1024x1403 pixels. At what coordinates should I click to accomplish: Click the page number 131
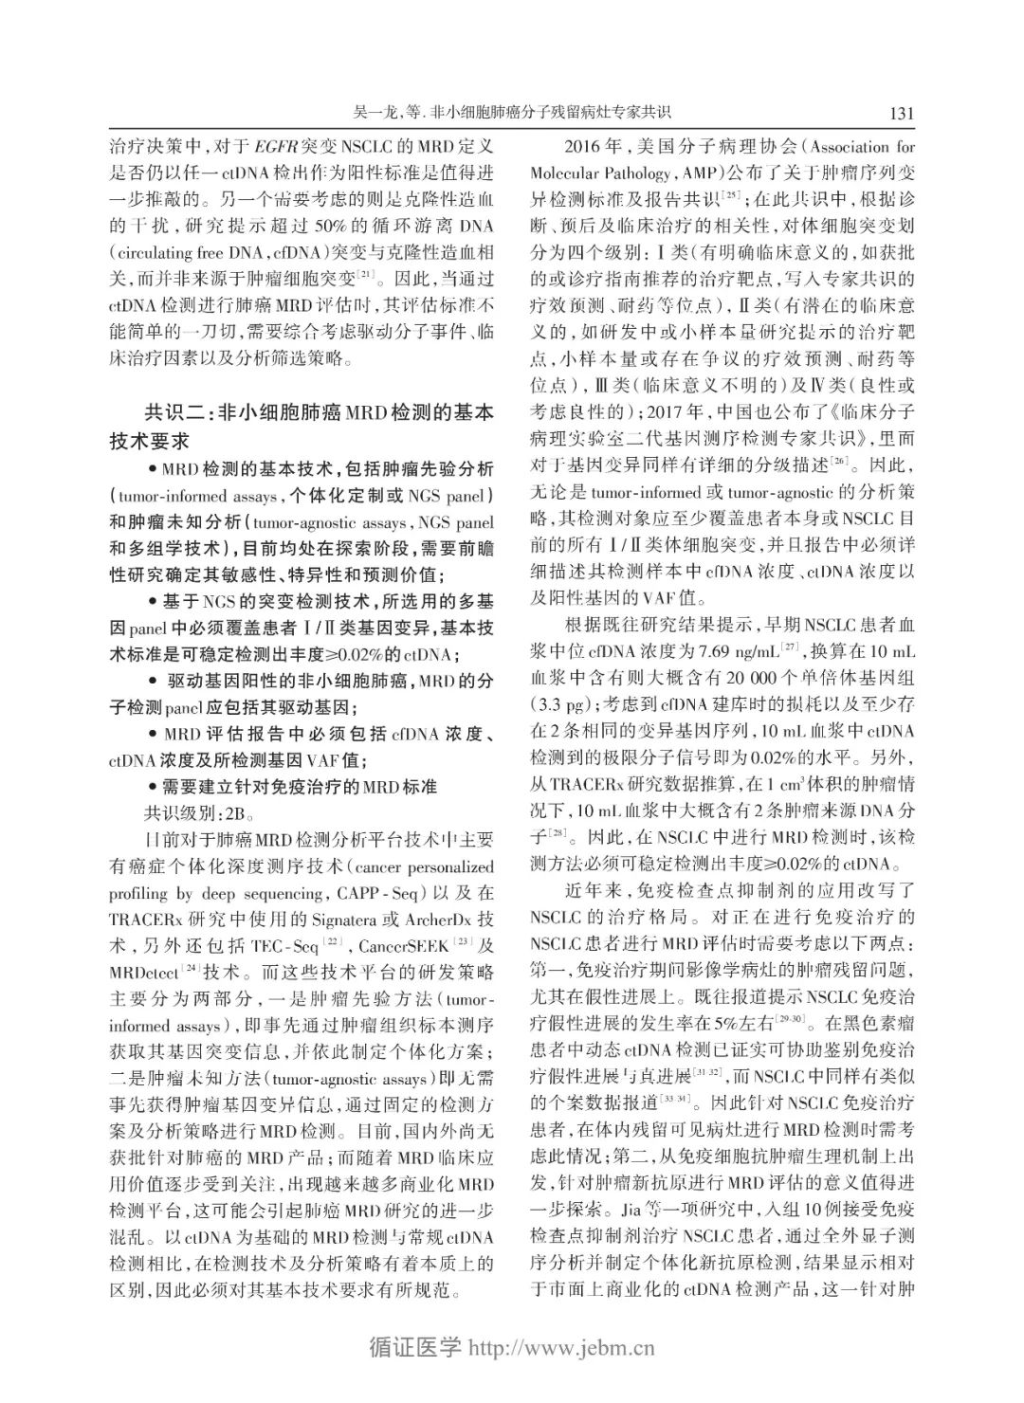point(901,113)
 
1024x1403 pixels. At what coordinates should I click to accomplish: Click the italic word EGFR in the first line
point(275,147)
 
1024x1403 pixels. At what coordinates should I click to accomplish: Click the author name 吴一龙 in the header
point(375,113)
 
